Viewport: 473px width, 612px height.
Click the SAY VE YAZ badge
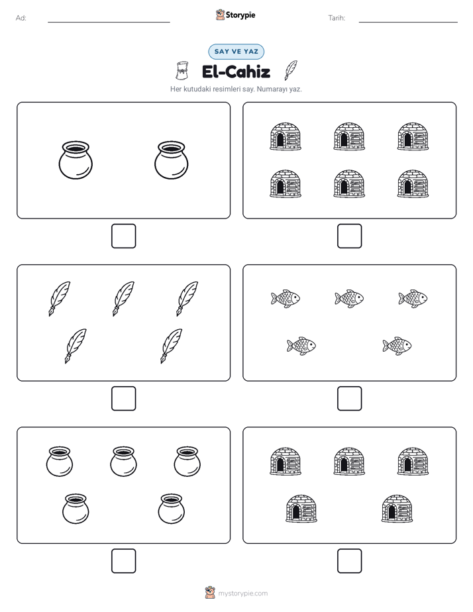pyautogui.click(x=236, y=52)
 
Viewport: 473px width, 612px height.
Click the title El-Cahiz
pyautogui.click(x=236, y=72)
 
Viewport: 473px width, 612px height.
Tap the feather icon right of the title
pyautogui.click(x=291, y=70)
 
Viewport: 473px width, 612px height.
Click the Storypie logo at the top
pyautogui.click(x=236, y=15)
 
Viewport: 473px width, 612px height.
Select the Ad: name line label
pyautogui.click(x=21, y=18)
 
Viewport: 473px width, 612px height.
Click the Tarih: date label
pyautogui.click(x=337, y=18)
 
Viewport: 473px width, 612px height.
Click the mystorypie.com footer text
pyautogui.click(x=242, y=593)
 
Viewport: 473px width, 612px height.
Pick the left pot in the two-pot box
pyautogui.click(x=76, y=160)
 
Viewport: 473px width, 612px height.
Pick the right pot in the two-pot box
pyautogui.click(x=172, y=160)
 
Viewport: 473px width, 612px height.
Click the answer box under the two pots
pyautogui.click(x=124, y=236)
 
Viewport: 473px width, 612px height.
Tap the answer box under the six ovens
pyautogui.click(x=350, y=236)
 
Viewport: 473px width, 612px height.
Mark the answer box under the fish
pyautogui.click(x=350, y=399)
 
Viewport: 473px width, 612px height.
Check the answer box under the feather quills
pyautogui.click(x=124, y=399)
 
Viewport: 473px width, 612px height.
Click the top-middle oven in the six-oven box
pyautogui.click(x=349, y=136)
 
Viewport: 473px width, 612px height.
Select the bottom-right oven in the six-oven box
pyautogui.click(x=413, y=184)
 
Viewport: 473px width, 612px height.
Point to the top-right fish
pyautogui.click(x=413, y=299)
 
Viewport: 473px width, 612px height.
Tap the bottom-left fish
pyautogui.click(x=301, y=346)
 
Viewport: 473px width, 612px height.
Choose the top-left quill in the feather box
pyautogui.click(x=60, y=299)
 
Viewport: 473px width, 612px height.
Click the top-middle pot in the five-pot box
pyautogui.click(x=124, y=462)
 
